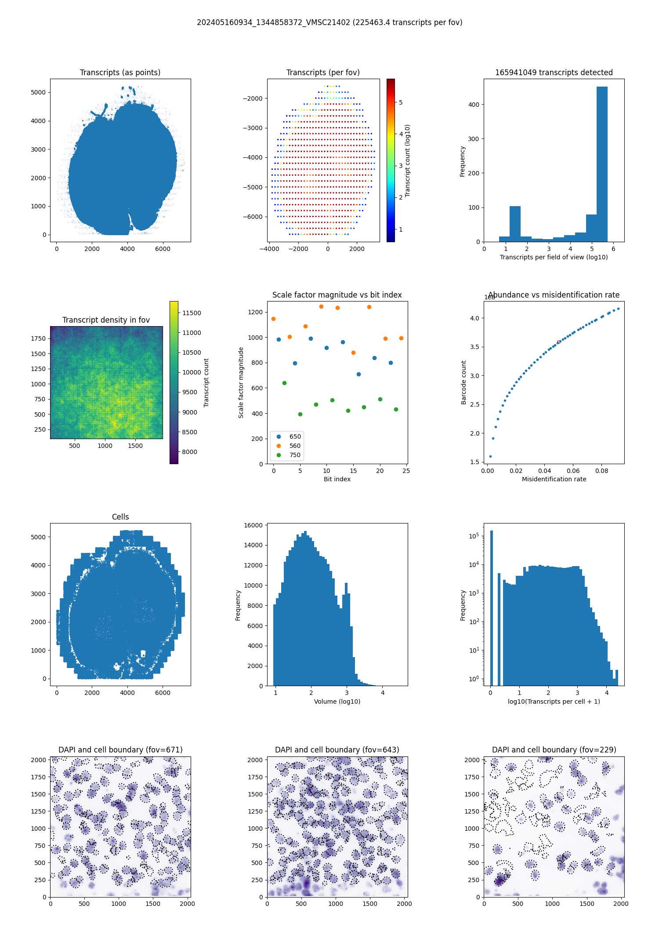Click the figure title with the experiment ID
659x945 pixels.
[x=329, y=22]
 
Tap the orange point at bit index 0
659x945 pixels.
[x=274, y=319]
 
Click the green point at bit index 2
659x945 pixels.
[x=284, y=383]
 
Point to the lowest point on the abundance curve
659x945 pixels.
[x=490, y=456]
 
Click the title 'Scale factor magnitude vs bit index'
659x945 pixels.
[x=337, y=295]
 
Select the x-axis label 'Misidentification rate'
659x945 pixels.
[x=554, y=479]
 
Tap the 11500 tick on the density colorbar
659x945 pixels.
[x=192, y=313]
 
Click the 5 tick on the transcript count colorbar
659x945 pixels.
[x=401, y=102]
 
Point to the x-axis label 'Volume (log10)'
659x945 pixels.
[x=337, y=701]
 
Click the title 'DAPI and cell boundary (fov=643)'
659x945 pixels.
[x=337, y=750]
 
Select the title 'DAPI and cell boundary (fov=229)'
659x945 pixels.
[x=554, y=750]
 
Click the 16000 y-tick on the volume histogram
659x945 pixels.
[x=253, y=525]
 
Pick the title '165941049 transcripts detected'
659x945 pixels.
[x=554, y=73]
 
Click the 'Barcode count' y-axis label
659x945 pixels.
[x=463, y=382]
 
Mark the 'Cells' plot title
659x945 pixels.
[x=120, y=517]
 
